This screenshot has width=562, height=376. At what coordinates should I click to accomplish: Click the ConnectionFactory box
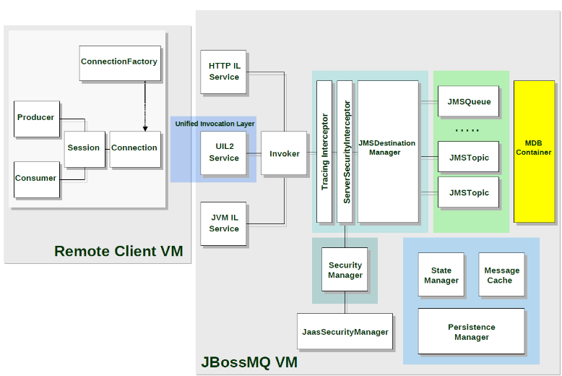pyautogui.click(x=119, y=63)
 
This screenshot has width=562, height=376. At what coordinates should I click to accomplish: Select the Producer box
pyautogui.click(x=36, y=118)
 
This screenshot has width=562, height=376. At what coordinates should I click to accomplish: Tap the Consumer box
pyautogui.click(x=36, y=179)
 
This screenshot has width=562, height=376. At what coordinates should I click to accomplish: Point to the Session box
pyautogui.click(x=84, y=148)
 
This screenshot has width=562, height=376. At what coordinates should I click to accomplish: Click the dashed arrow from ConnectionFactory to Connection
pyautogui.click(x=145, y=106)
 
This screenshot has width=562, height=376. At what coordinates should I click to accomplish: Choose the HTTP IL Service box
pyautogui.click(x=224, y=72)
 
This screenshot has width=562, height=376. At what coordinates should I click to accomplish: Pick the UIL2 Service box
pyautogui.click(x=224, y=153)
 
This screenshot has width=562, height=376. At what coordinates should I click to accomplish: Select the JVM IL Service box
pyautogui.click(x=224, y=224)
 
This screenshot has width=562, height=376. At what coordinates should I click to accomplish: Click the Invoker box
pyautogui.click(x=285, y=153)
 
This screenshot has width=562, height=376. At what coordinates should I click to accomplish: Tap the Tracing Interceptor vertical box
pyautogui.click(x=324, y=151)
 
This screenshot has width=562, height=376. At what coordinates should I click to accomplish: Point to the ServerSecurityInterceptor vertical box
pyautogui.click(x=345, y=151)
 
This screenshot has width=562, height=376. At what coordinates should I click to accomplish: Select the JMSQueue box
pyautogui.click(x=468, y=102)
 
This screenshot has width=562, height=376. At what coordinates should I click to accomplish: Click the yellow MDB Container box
pyautogui.click(x=534, y=151)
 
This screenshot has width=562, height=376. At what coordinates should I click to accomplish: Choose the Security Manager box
pyautogui.click(x=345, y=270)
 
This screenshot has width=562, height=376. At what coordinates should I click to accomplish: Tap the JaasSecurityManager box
pyautogui.click(x=345, y=333)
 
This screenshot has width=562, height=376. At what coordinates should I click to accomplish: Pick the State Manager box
pyautogui.click(x=441, y=275)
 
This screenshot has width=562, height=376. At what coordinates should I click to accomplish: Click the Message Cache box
pyautogui.click(x=502, y=275)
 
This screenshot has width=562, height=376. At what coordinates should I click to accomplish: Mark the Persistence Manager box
pyautogui.click(x=472, y=332)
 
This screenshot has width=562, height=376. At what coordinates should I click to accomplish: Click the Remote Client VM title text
pyautogui.click(x=118, y=252)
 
